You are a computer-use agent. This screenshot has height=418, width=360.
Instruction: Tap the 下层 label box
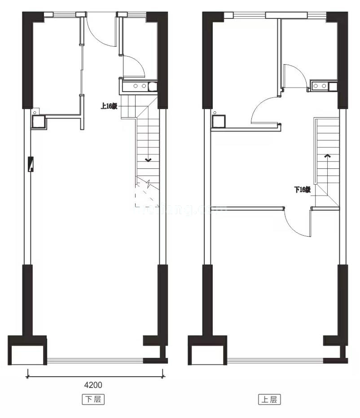pos(94,399)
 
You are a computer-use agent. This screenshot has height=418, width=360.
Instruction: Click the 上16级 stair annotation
pos(109,106)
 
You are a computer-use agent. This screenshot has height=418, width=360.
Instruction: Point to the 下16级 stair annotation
pos(302,189)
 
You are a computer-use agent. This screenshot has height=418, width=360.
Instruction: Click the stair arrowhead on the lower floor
pos(148,160)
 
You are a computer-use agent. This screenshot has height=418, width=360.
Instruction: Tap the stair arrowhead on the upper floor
pos(328,156)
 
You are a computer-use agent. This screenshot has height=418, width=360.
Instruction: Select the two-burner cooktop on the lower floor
pos(139,86)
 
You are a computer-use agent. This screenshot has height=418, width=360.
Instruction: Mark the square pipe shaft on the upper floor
pos(218,121)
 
